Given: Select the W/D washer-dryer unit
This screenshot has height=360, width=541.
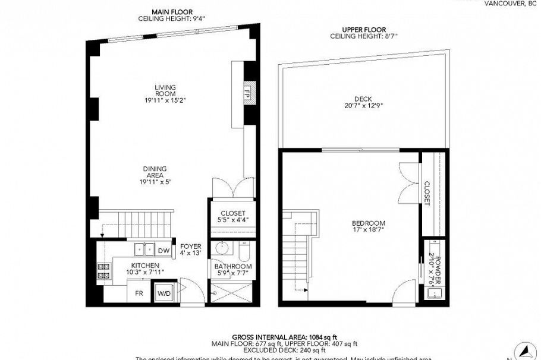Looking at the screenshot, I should [x=163, y=293].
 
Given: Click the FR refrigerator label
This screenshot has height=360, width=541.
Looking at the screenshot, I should [x=139, y=293].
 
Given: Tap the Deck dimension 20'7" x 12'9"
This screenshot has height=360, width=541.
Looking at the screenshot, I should [x=363, y=106].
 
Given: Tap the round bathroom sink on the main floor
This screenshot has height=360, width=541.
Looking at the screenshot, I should [x=224, y=248].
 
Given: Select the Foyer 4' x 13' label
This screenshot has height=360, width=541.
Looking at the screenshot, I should [x=191, y=250].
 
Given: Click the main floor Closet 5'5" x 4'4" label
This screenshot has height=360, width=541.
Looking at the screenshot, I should [x=232, y=217].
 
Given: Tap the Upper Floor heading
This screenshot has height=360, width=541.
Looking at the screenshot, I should [x=364, y=30].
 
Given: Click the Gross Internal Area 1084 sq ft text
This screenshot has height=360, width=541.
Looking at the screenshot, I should [x=284, y=336].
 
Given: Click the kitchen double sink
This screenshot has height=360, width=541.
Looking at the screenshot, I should [x=142, y=248].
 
